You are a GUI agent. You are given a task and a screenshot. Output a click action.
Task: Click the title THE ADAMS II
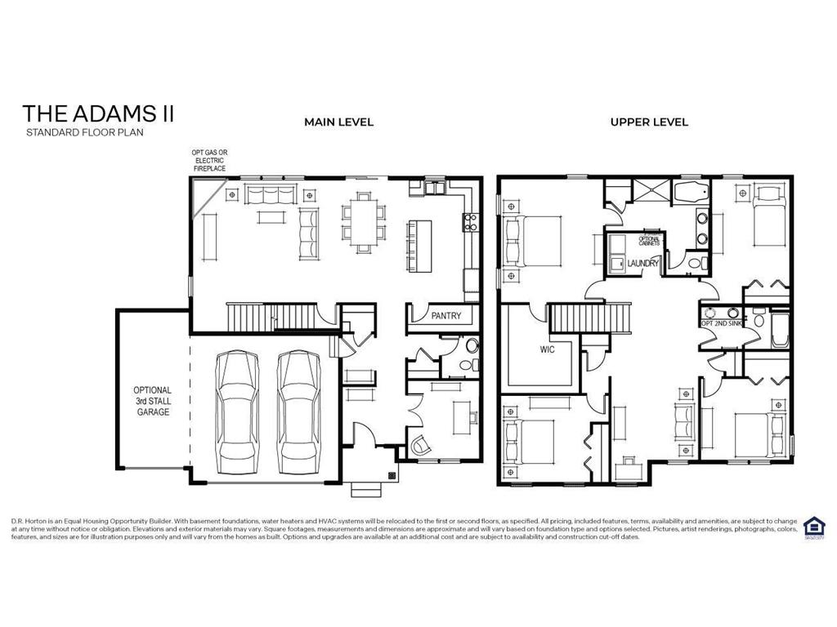coord(98,113)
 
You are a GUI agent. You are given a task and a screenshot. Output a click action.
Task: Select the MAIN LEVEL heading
coord(338,122)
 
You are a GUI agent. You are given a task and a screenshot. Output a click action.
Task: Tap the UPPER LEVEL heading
coord(649,122)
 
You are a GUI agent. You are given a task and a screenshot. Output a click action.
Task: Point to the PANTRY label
coord(446,316)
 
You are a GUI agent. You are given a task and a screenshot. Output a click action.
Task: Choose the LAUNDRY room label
coord(642,263)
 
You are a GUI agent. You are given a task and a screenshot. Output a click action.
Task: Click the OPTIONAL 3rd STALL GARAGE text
coord(153,402)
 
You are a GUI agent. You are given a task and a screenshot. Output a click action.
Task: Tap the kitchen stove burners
coord(470,218)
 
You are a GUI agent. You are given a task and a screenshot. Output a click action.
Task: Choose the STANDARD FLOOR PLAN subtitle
coord(84,132)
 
